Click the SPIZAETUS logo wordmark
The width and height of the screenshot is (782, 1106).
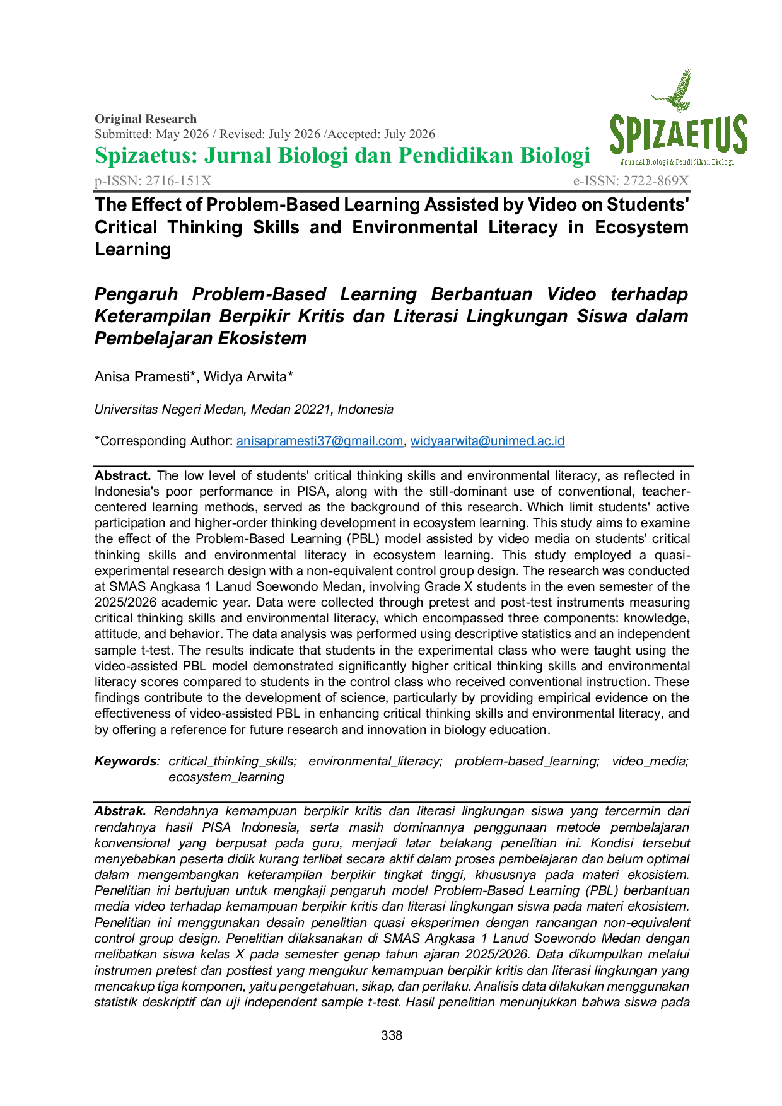point(679,136)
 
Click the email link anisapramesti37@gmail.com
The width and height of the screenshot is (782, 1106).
point(320,441)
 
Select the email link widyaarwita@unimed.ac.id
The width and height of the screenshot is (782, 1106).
point(487,441)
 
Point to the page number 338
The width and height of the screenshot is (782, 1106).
point(392,1035)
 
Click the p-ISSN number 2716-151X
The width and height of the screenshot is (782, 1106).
point(178,181)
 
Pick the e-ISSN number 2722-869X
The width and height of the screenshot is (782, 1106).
point(656,181)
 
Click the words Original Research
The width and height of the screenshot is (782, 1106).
point(146,119)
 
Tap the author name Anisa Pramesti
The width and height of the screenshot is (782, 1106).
point(142,377)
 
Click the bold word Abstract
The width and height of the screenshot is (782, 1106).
point(122,475)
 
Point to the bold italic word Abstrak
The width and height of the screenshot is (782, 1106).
point(120,811)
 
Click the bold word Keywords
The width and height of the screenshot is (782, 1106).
point(125,762)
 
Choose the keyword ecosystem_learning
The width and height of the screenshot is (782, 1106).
point(226,777)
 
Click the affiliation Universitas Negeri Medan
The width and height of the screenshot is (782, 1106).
point(170,410)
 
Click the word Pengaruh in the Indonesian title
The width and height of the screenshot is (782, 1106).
point(136,294)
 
